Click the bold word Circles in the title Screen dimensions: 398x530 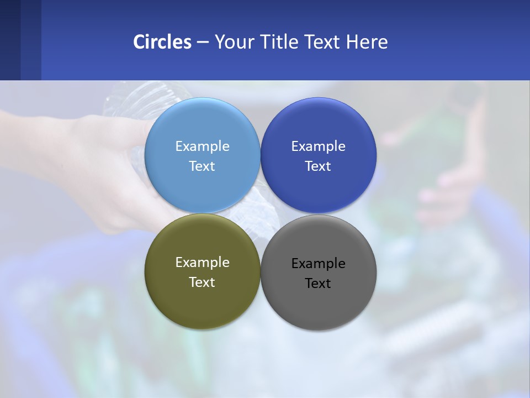(162, 42)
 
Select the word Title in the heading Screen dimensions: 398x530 (280, 42)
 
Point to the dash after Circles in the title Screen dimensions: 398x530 (203, 43)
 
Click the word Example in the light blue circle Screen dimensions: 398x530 (202, 146)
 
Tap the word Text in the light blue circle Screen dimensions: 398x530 (202, 166)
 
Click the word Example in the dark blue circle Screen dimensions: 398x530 (318, 146)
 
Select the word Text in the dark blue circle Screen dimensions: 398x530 (318, 166)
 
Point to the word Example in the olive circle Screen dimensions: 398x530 (202, 263)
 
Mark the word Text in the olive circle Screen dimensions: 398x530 (202, 282)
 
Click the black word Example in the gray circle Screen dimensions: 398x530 (318, 264)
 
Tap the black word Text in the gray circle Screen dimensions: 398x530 (318, 284)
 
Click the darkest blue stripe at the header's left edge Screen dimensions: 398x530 (10, 40)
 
